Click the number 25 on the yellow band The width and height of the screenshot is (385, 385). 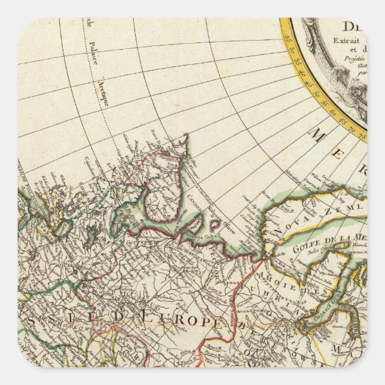[291, 40]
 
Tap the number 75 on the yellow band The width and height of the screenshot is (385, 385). [360, 130]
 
